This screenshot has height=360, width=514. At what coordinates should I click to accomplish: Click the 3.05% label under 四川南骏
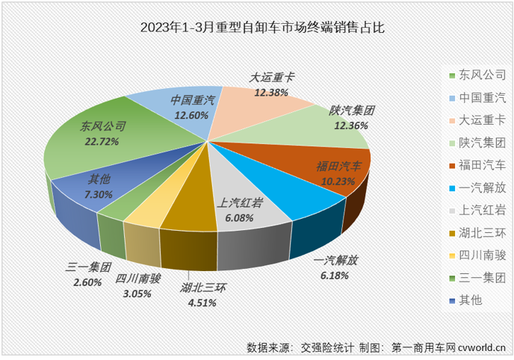(137, 294)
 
